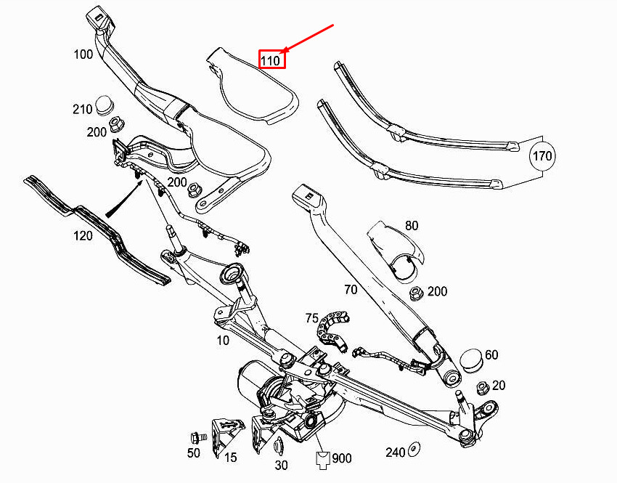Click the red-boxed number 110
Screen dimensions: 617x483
pos(271,60)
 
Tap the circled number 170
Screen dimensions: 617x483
pos(542,156)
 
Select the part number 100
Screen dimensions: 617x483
pos(83,54)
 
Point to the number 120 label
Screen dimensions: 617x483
pos(83,236)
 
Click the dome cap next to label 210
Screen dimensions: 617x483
pos(105,105)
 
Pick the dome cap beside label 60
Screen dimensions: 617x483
pos(472,360)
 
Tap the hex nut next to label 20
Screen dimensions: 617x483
pos(483,389)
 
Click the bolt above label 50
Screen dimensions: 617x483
pos(198,438)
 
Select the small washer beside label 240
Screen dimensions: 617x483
pos(413,449)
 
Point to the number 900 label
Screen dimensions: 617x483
pos(342,458)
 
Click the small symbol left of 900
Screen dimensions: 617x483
pos(323,460)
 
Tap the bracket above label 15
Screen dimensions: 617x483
pos(226,435)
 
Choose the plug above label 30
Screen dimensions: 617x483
pos(279,446)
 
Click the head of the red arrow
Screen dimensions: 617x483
pos(285,50)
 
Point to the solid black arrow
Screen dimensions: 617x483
pos(123,198)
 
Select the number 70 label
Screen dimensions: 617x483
pos(351,290)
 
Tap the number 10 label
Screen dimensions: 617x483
pos(223,340)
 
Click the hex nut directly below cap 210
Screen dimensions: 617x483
pos(116,124)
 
